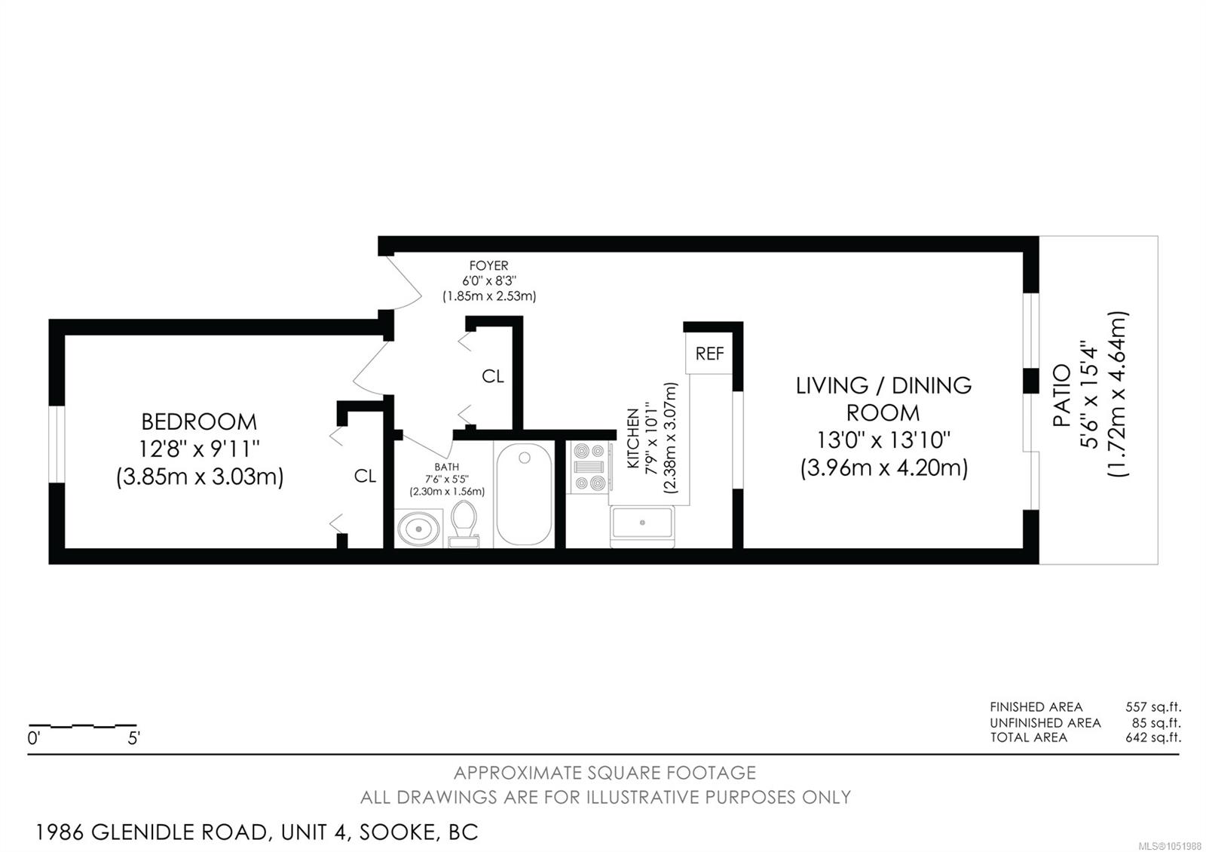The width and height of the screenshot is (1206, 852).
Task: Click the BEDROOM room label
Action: pos(199,421)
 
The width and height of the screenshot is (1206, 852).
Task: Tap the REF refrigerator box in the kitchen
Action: pos(709,354)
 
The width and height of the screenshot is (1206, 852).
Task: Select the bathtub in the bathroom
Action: pos(524,495)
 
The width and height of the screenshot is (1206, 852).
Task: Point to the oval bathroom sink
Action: pos(418,529)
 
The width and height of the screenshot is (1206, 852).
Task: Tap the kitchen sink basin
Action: pos(641,523)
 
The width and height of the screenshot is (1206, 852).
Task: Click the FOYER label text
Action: pos(488,265)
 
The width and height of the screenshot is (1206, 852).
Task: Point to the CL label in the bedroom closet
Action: pos(365,476)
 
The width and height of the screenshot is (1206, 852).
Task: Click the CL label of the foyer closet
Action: pos(493,376)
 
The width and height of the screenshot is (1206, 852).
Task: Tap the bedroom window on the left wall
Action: pos(57,444)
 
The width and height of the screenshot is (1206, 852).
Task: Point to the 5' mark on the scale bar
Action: pos(133,738)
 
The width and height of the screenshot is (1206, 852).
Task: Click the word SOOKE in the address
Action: pos(397,832)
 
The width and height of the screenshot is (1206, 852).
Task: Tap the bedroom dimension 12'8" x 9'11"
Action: pos(199,449)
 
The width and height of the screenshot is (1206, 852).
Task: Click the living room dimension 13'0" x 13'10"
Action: pos(883,440)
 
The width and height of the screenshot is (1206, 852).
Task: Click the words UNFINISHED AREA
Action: pos(1045,723)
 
